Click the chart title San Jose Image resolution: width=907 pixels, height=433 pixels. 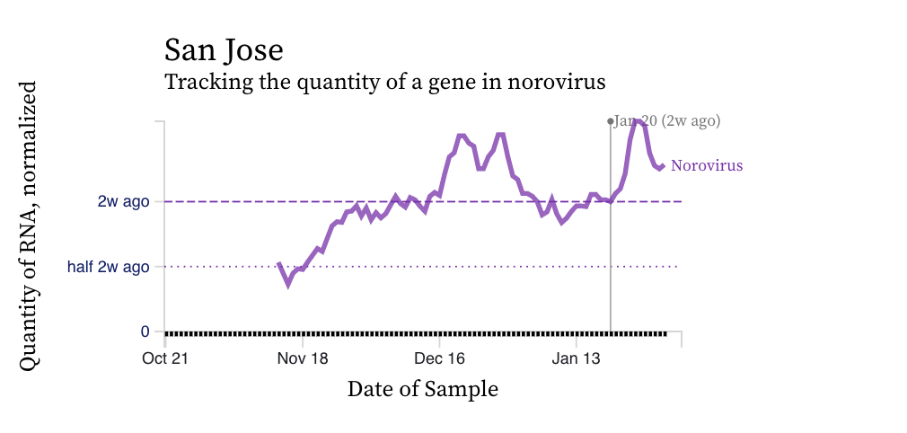[224, 49]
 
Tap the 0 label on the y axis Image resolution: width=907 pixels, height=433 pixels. [145, 331]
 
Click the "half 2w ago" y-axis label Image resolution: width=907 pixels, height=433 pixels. [108, 267]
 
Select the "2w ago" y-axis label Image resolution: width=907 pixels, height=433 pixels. [123, 201]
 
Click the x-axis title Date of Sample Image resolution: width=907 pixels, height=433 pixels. [422, 389]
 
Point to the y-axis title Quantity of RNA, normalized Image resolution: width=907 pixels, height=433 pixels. [28, 225]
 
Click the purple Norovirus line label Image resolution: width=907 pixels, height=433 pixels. [707, 166]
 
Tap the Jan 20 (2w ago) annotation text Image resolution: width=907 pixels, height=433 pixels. [667, 120]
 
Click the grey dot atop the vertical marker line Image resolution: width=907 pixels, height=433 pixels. [611, 120]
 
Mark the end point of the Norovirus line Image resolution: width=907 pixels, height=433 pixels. [662, 165]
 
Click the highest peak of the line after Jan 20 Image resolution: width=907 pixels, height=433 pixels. [637, 119]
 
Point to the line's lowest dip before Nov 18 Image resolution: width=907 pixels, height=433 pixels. [287, 285]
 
